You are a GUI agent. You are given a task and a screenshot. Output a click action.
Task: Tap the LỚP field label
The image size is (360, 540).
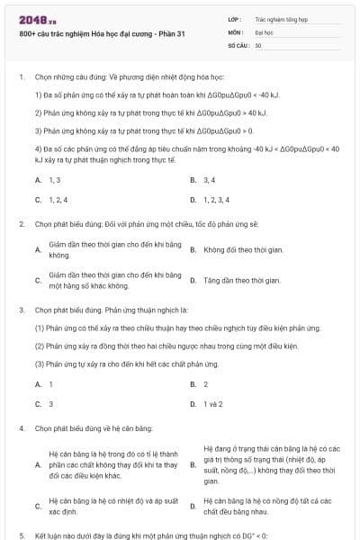tap(236, 18)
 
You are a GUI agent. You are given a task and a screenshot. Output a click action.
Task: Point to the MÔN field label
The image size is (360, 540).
tap(237, 31)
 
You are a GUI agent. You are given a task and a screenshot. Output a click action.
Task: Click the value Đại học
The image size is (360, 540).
tap(264, 31)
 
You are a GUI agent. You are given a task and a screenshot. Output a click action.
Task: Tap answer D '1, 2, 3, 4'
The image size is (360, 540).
tap(216, 200)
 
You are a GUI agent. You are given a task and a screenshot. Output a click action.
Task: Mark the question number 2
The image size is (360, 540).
tap(21, 222)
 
